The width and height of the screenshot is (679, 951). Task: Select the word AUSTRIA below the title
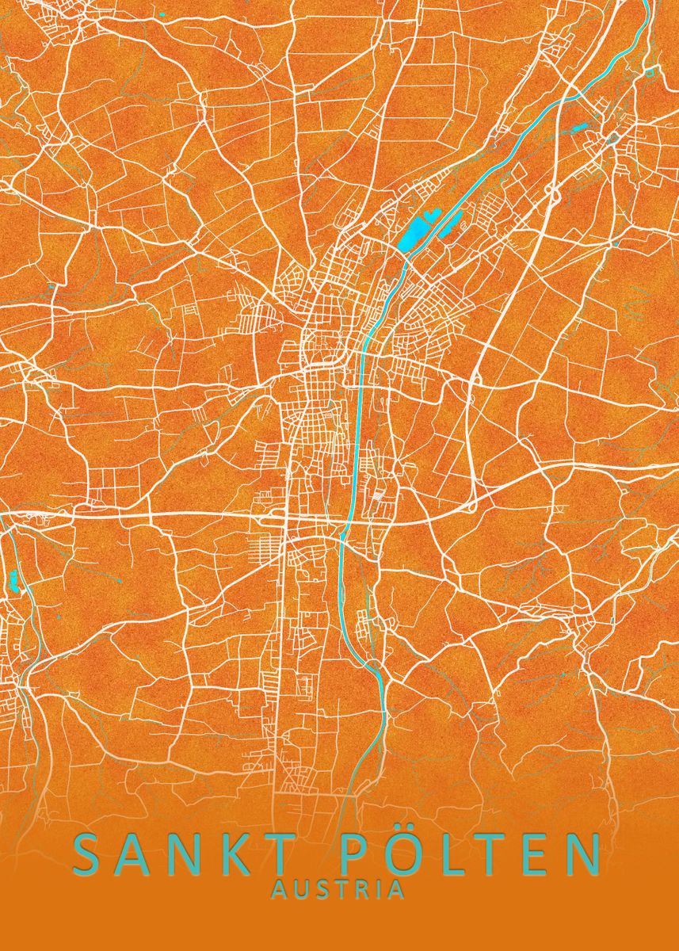338,891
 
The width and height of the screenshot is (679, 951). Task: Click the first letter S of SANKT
89,854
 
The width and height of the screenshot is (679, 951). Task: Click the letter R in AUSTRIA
353,891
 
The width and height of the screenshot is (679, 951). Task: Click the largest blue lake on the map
413,235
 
